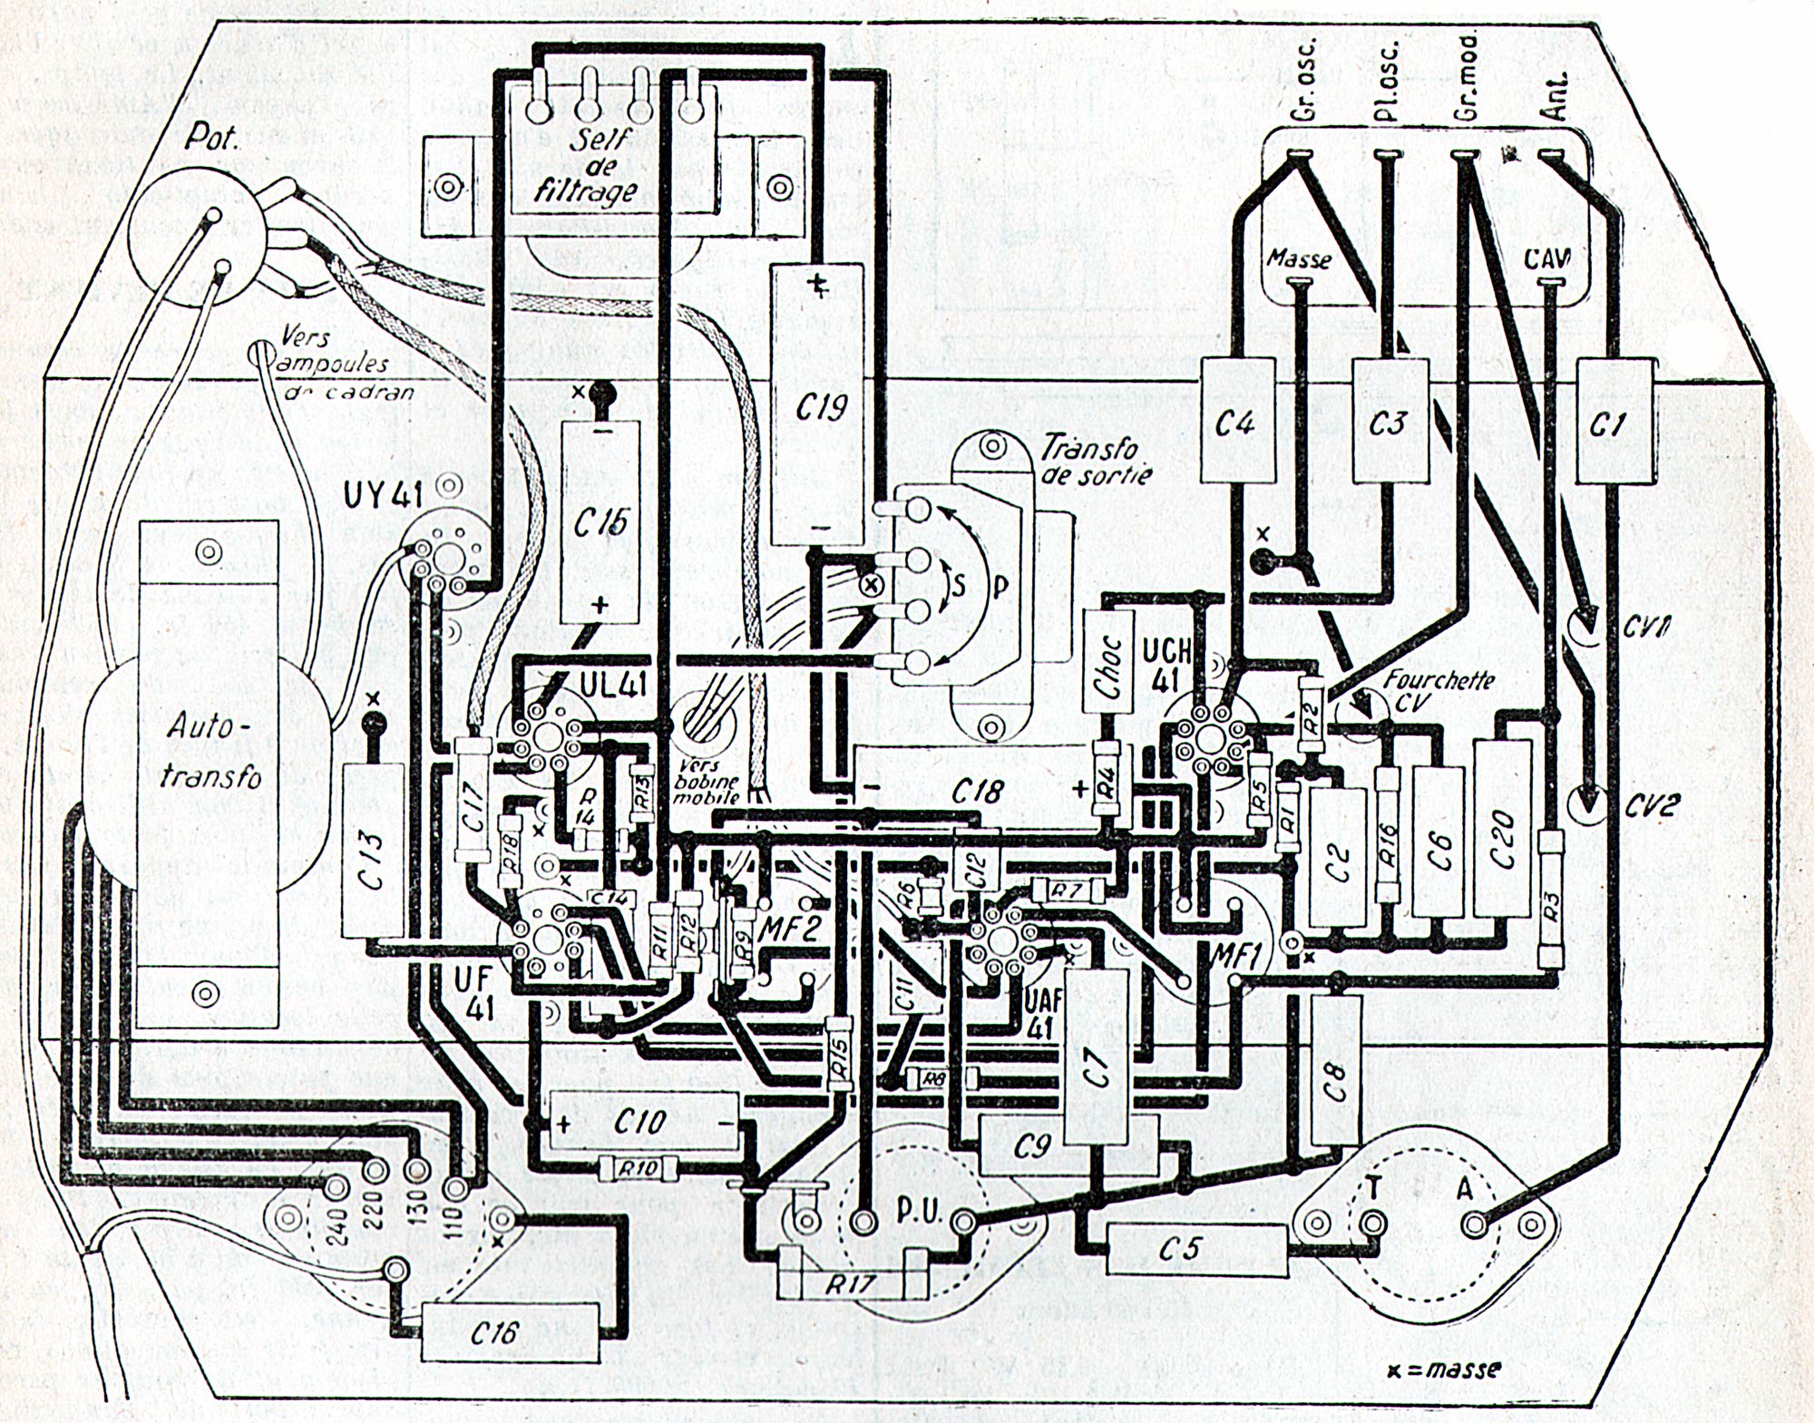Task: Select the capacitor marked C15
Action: point(599,521)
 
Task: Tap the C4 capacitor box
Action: point(1237,420)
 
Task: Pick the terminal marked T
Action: point(1375,1224)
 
